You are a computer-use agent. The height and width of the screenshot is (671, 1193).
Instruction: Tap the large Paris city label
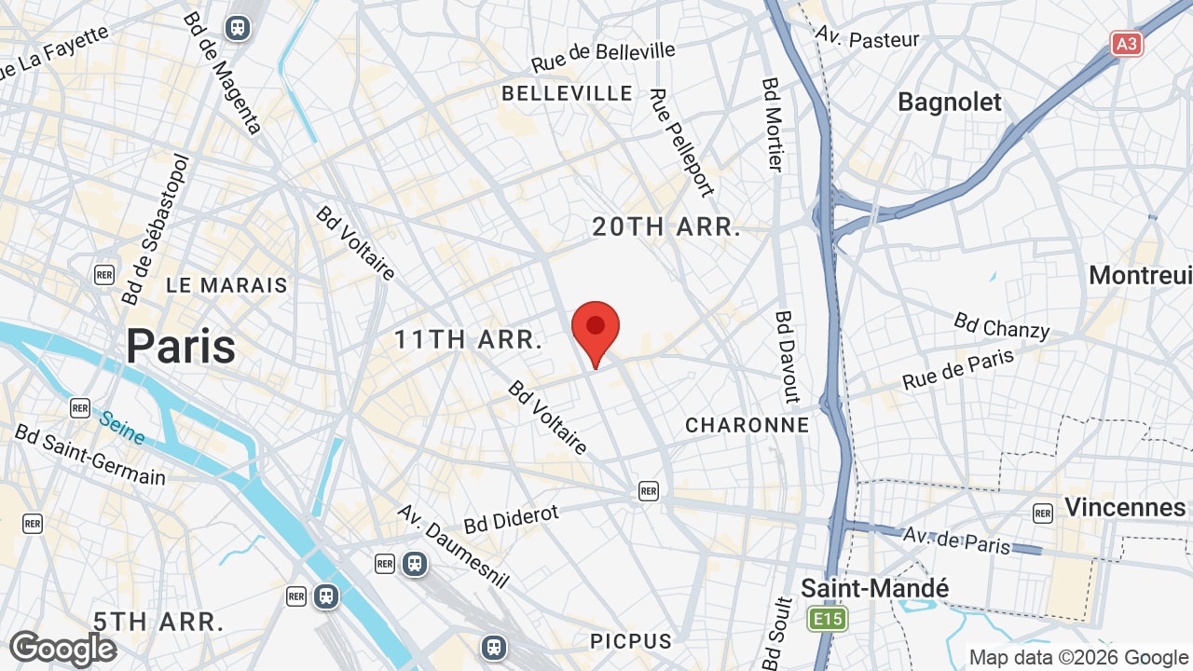pos(181,347)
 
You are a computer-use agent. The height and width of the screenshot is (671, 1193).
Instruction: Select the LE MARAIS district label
pos(227,285)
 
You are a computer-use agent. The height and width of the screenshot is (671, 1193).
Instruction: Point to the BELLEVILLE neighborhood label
pos(567,93)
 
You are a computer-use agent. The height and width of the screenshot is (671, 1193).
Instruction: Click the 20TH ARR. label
pos(666,226)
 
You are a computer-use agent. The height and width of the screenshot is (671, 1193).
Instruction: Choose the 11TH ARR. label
pos(468,339)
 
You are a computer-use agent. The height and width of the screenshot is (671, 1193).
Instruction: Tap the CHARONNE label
pos(747,425)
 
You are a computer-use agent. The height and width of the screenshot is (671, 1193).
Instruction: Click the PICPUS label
pos(631,641)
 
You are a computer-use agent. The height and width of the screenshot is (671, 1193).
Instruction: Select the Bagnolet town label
pos(949,102)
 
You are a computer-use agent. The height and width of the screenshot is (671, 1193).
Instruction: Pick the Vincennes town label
pos(1124,507)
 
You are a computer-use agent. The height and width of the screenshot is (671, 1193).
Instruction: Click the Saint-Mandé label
pos(874,588)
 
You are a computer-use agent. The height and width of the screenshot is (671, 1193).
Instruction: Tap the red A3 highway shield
pos(1127,43)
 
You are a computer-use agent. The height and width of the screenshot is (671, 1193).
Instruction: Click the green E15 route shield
pos(827,620)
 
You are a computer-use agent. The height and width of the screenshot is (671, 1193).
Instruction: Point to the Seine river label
pos(123,428)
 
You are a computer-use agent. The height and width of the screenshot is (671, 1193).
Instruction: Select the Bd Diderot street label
pos(511,518)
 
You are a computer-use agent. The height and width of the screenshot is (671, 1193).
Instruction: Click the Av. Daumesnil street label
pos(453,546)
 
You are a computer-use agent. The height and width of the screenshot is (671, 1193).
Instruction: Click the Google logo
pos(62,649)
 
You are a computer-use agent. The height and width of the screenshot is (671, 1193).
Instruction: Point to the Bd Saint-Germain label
pos(89,455)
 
